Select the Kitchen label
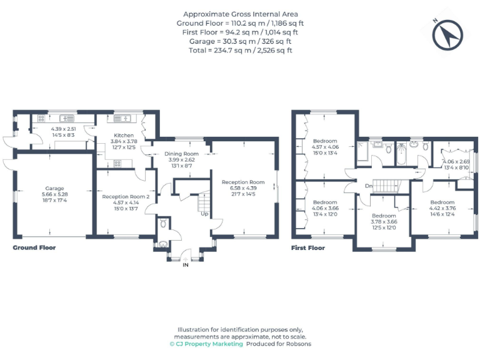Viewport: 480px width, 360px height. point(124,135)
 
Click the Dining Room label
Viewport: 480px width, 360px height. point(181,154)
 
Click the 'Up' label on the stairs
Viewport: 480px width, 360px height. point(204,214)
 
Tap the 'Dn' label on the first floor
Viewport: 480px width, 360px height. point(369,186)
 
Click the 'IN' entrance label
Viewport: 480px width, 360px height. point(185,265)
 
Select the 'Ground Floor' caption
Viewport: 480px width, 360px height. point(34,247)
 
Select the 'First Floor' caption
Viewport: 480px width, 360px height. point(308,247)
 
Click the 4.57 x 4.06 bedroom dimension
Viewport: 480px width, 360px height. point(325,147)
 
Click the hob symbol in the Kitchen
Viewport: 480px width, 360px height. point(117,163)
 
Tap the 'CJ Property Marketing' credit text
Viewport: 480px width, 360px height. point(206,344)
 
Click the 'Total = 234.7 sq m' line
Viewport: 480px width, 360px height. point(240,50)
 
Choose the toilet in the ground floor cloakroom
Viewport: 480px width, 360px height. point(162,223)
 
